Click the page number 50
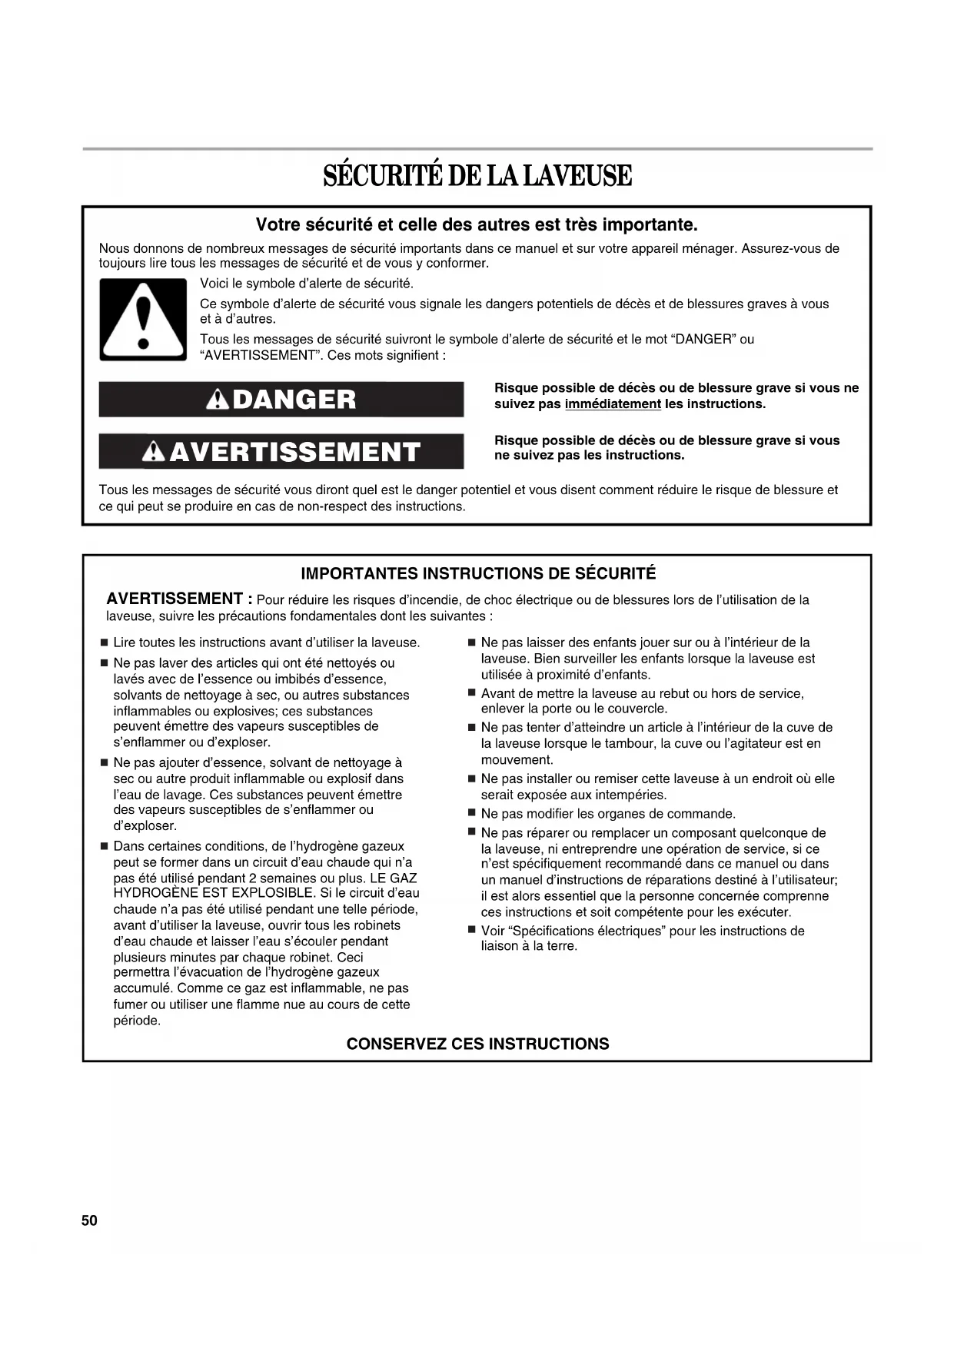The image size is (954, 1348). click(89, 1220)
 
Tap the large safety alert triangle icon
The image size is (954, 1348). click(143, 320)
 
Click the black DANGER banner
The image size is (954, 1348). click(281, 400)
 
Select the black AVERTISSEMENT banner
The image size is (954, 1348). click(281, 451)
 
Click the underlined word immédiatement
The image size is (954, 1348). click(613, 404)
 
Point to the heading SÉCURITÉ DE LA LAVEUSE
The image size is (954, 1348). click(477, 176)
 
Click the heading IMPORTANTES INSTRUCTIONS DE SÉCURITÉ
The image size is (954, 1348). click(478, 573)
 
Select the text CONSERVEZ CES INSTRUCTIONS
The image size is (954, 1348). click(477, 1044)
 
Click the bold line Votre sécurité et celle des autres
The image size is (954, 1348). click(477, 225)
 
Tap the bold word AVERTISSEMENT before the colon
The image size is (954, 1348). click(175, 599)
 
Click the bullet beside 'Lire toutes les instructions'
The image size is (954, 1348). click(104, 642)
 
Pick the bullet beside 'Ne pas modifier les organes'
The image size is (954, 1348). click(472, 813)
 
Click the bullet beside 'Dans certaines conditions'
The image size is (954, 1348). click(104, 846)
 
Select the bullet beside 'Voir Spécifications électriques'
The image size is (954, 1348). click(472, 931)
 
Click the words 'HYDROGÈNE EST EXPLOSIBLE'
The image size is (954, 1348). click(214, 893)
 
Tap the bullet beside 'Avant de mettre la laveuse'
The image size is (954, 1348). click(472, 693)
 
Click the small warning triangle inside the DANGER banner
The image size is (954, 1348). click(219, 400)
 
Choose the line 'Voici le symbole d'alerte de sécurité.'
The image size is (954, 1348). click(307, 284)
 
